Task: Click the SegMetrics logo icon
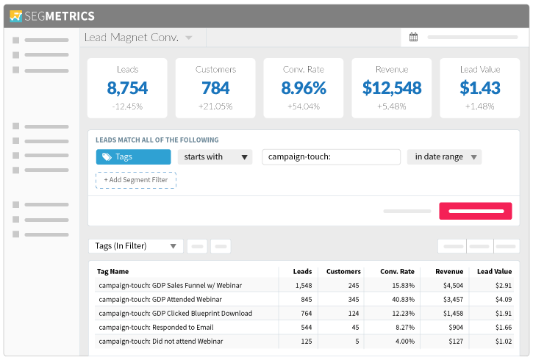pos(15,16)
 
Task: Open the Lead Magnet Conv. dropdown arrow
pos(189,37)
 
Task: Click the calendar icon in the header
pos(413,37)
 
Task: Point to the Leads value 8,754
pos(127,88)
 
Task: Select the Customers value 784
pos(215,88)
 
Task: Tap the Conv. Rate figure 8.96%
pos(304,88)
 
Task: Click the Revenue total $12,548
pos(392,88)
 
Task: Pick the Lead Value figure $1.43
pos(479,88)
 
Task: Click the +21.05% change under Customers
pos(215,107)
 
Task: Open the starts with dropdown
pos(215,157)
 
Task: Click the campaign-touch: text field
pos(331,157)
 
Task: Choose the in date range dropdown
pos(444,157)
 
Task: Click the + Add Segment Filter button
pos(136,180)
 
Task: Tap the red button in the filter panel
pos(475,211)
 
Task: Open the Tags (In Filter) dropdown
pos(135,246)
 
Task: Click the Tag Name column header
pos(113,271)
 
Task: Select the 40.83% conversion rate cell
pos(403,300)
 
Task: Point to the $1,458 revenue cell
pos(453,314)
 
